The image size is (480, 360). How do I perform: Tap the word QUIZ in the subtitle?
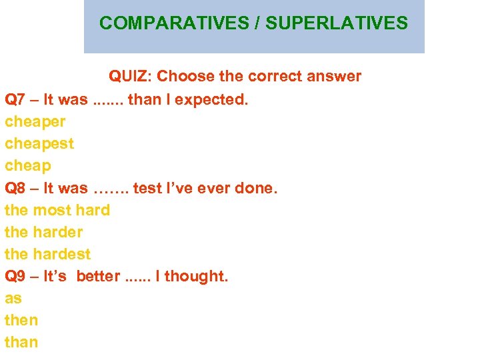[x=130, y=77]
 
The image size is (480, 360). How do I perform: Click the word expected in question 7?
[x=213, y=100]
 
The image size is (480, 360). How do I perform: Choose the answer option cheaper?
[x=35, y=122]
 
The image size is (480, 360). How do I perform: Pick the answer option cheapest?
[x=39, y=144]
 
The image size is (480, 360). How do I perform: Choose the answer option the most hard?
[x=57, y=210]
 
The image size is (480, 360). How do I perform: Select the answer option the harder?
[x=43, y=232]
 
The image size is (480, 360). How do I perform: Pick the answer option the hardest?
[x=47, y=254]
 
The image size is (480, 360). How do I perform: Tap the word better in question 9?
[x=98, y=276]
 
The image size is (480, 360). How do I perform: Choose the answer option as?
[x=13, y=299]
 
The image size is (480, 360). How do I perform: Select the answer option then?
[x=21, y=320]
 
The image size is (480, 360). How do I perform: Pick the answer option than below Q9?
[x=21, y=342]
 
